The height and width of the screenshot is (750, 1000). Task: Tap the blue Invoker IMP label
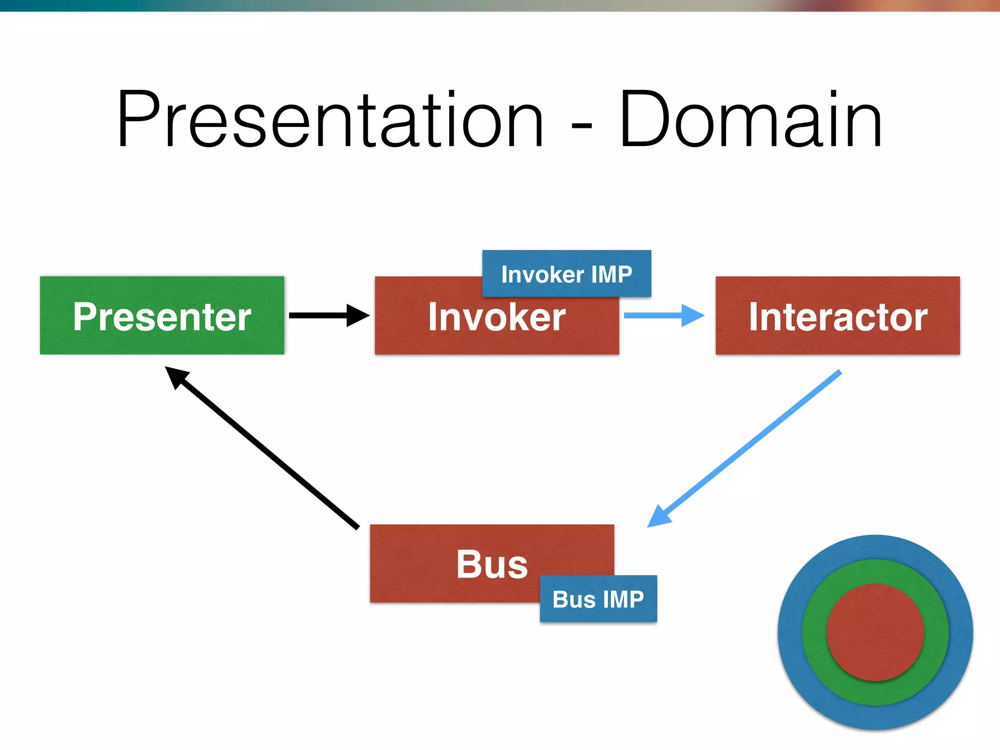566,273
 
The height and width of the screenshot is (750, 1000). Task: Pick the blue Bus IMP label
598,599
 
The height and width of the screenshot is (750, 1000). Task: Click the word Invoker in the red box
497,317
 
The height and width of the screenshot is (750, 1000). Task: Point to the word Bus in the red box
492,564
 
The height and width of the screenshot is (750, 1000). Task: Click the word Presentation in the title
330,120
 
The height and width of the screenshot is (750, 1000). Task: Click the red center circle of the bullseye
875,632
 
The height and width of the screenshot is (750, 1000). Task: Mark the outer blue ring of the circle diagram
875,547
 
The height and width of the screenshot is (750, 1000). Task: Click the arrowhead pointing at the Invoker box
358,315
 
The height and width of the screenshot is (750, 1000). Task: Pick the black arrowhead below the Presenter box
176,376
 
